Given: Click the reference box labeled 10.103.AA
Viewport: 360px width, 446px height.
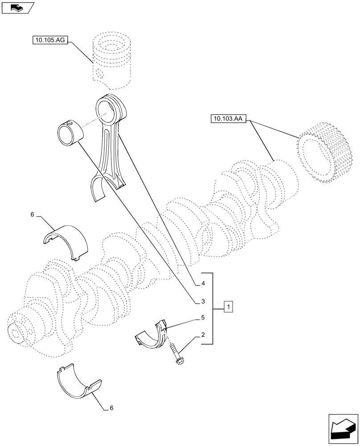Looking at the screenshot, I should (x=228, y=119).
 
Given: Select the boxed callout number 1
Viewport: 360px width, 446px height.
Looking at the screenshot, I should (x=228, y=307).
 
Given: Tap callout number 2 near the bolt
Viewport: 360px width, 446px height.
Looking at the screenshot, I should (x=203, y=334).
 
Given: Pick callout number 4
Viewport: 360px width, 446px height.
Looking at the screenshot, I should (x=203, y=283).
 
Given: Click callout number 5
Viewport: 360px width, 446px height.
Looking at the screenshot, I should (x=203, y=318).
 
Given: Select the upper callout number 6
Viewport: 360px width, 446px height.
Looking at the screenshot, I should (x=32, y=215).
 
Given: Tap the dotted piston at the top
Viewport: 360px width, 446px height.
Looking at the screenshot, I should (x=112, y=60).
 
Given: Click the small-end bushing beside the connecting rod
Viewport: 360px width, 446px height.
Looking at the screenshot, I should (x=70, y=132).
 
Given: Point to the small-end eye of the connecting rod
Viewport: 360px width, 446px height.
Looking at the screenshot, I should (x=110, y=110).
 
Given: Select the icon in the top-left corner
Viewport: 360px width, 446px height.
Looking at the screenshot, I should (x=18, y=7).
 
